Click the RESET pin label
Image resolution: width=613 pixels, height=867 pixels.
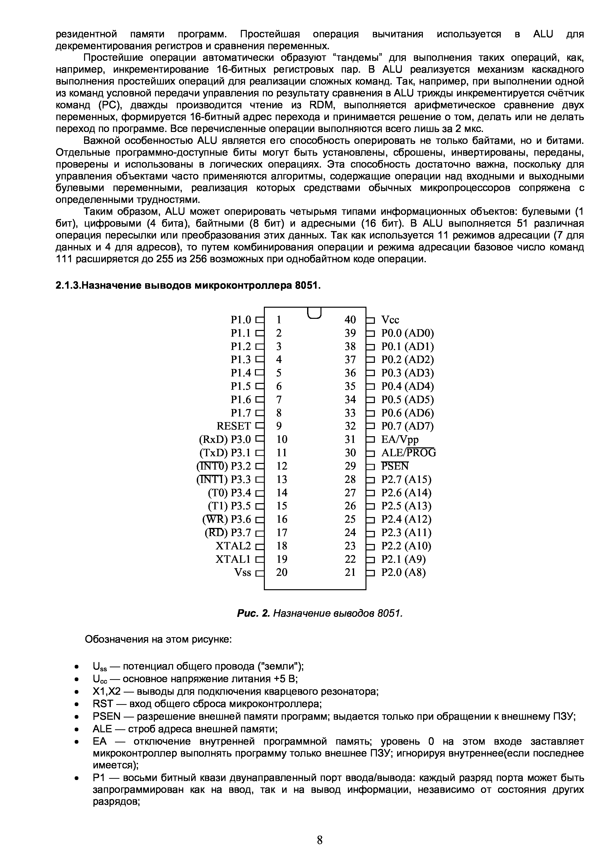point(233,426)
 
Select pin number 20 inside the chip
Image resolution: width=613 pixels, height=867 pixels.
point(281,572)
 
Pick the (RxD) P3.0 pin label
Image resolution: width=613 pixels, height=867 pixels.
point(225,439)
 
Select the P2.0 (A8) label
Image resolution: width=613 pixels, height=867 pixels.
point(403,572)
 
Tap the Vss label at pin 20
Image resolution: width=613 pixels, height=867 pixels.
point(243,572)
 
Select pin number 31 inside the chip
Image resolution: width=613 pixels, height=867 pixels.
point(350,439)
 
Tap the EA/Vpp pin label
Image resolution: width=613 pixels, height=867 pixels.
point(400,439)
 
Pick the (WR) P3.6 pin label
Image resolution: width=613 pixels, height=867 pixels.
point(227,519)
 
